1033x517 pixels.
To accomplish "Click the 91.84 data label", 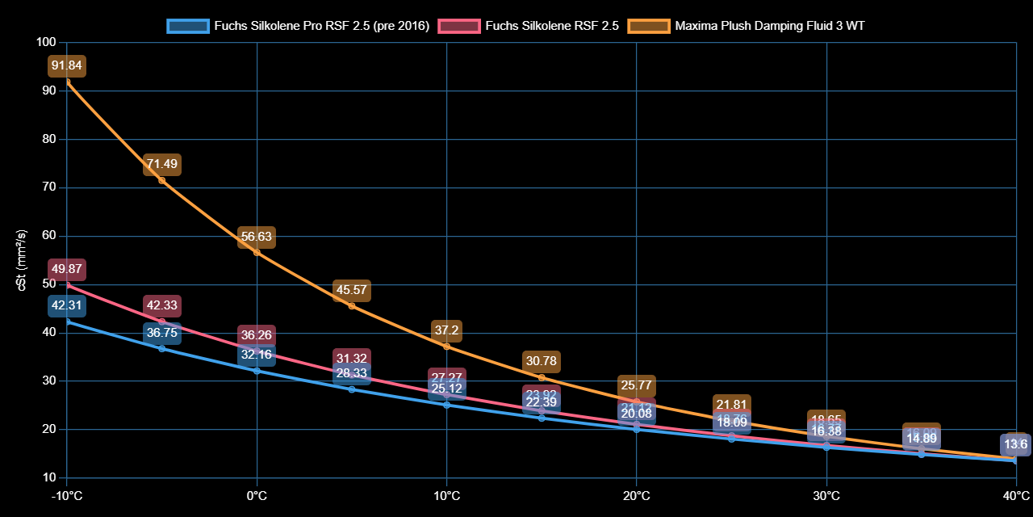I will (x=67, y=65).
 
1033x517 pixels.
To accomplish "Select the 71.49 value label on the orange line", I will (x=161, y=165).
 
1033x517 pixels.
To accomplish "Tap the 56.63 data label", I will (x=257, y=237).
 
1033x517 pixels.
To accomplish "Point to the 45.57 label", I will (x=351, y=291).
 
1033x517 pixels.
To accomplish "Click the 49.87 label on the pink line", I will (x=67, y=269).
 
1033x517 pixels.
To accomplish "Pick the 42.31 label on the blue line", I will (x=67, y=305).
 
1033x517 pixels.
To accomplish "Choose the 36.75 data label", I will (x=161, y=332).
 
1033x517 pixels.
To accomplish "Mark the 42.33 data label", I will (x=161, y=305).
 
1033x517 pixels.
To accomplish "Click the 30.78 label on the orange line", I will (x=542, y=361).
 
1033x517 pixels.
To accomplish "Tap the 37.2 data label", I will (x=446, y=330).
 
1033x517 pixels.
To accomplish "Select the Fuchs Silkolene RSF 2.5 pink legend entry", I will (x=529, y=26).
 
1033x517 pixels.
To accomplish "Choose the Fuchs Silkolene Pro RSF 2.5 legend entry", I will (x=299, y=26).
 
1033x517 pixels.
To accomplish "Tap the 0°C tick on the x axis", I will (x=257, y=494).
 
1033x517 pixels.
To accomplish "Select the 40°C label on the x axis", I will (x=1015, y=494).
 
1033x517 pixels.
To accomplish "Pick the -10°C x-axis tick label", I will (x=67, y=494).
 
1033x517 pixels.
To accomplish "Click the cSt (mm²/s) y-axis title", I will (x=22, y=259).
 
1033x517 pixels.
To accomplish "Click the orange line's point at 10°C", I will (x=446, y=347).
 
